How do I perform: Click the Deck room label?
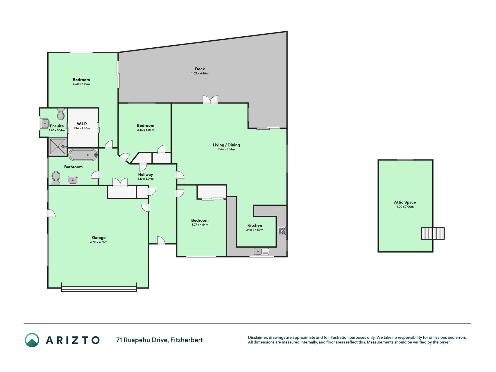pyautogui.click(x=200, y=69)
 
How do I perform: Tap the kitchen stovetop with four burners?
pyautogui.click(x=282, y=231)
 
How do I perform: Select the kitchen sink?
pyautogui.click(x=262, y=251)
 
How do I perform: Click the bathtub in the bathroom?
pyautogui.click(x=83, y=155)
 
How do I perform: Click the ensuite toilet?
pyautogui.click(x=61, y=114)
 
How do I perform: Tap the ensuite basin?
pyautogui.click(x=45, y=124)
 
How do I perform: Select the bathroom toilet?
pyautogui.click(x=55, y=178)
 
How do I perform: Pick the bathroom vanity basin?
pyautogui.click(x=73, y=180)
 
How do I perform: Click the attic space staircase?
pyautogui.click(x=433, y=233)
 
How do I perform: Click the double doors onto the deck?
pyautogui.click(x=210, y=100)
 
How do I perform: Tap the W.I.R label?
pyautogui.click(x=82, y=124)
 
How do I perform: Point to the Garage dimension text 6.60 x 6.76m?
pyautogui.click(x=99, y=242)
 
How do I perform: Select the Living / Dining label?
pyautogui.click(x=226, y=145)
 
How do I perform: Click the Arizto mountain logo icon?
pyautogui.click(x=32, y=340)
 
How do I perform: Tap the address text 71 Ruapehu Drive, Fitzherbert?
pyautogui.click(x=160, y=340)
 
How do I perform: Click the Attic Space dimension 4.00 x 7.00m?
pyautogui.click(x=405, y=207)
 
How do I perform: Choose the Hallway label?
pyautogui.click(x=145, y=174)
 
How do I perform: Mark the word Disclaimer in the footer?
pyautogui.click(x=257, y=337)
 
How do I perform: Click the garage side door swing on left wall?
pyautogui.click(x=52, y=213)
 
